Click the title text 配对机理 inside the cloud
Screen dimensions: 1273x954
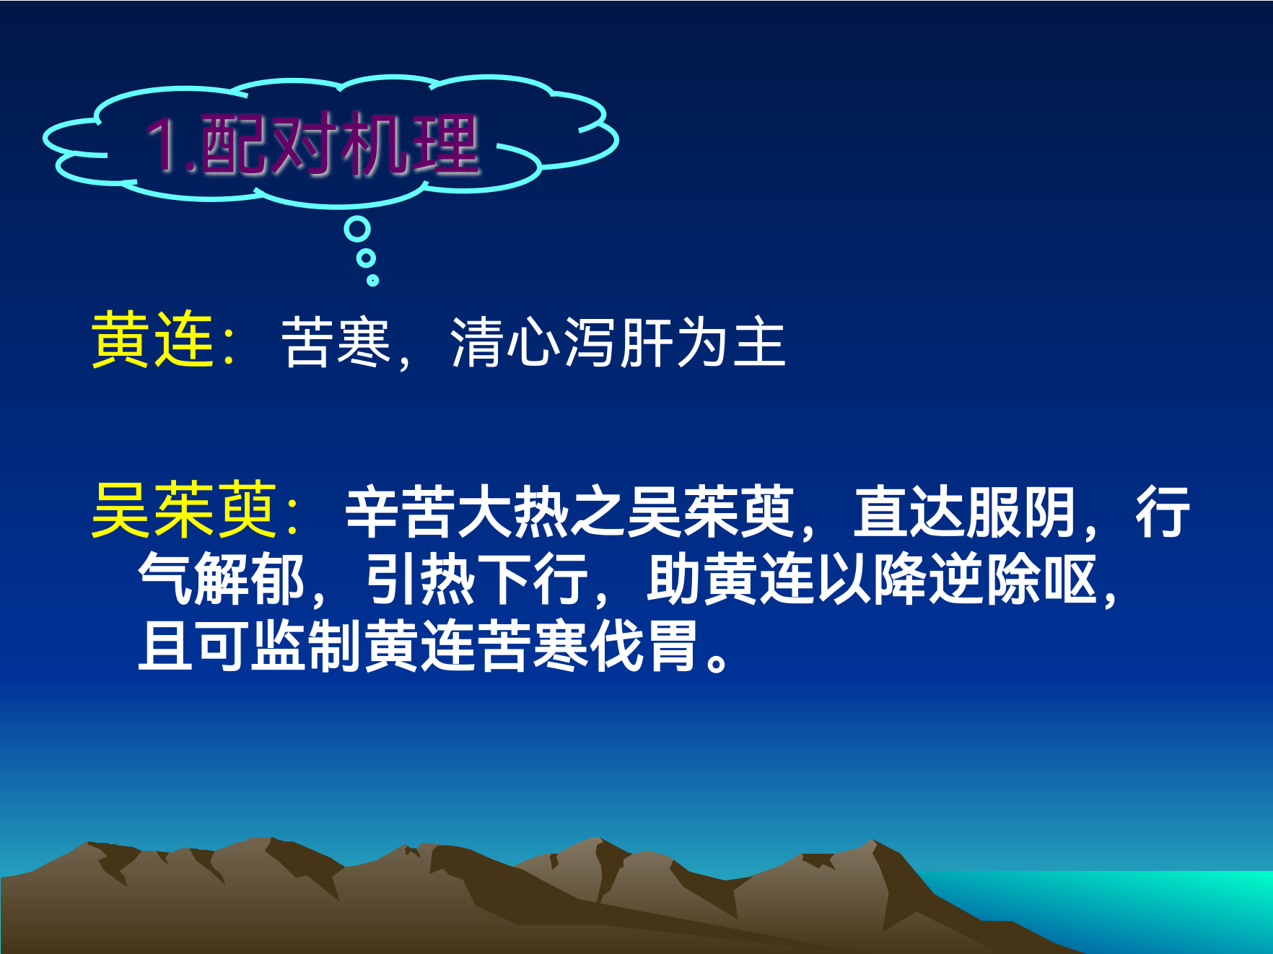[x=339, y=144]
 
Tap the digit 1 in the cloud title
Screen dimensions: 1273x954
[x=162, y=145]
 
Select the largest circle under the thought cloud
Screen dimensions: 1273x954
[x=357, y=229]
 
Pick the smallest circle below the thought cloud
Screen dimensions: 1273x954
[x=372, y=280]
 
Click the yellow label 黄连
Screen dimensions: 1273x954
[x=152, y=341]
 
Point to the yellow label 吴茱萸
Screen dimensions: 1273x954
[x=185, y=510]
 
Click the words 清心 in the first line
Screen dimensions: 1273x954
[x=505, y=342]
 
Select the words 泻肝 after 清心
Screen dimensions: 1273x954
[x=618, y=342]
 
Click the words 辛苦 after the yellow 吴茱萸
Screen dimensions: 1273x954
[x=401, y=512]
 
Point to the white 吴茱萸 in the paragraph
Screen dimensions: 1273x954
[x=711, y=512]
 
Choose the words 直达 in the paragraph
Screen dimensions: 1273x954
[x=909, y=512]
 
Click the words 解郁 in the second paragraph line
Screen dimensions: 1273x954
[x=250, y=579]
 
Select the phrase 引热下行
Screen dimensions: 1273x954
[x=477, y=579]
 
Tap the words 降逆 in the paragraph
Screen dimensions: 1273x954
[x=929, y=579]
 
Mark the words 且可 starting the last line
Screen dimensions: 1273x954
[x=193, y=646]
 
